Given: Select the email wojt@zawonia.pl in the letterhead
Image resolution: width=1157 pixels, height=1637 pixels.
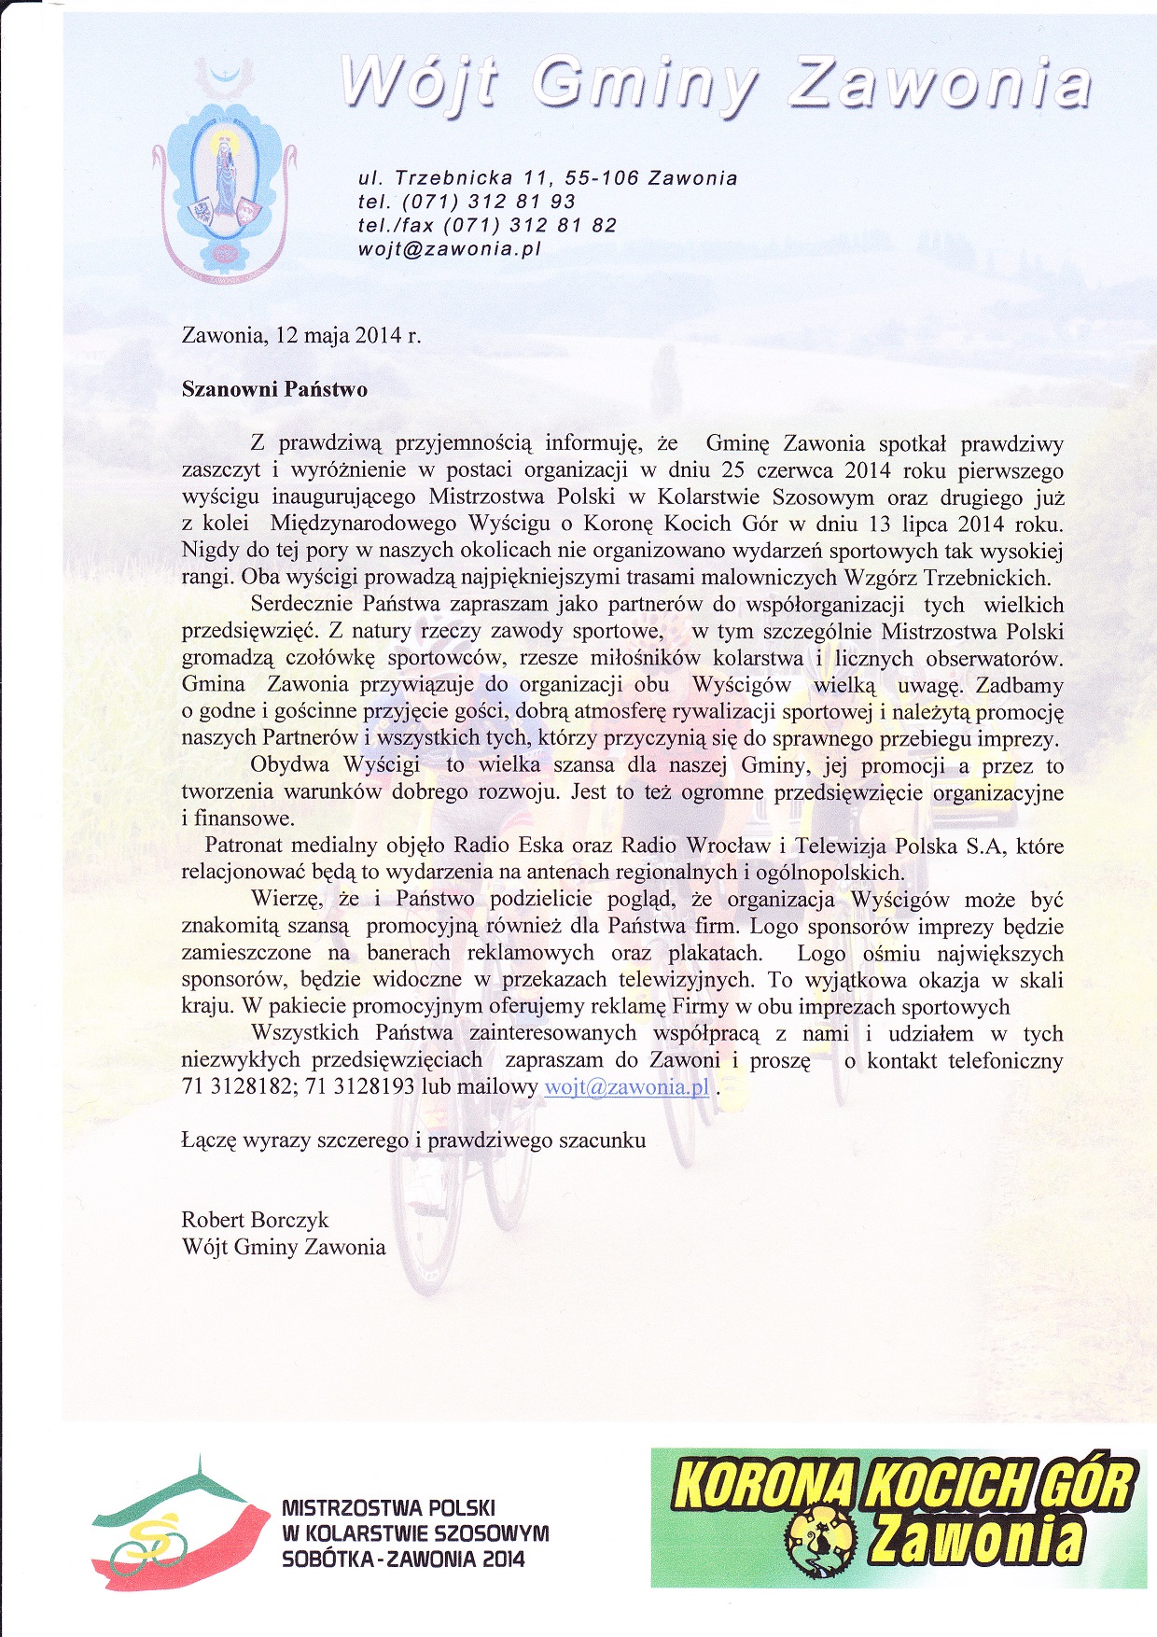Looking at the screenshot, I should coord(450,249).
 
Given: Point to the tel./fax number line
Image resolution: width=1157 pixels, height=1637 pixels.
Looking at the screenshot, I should coord(487,226).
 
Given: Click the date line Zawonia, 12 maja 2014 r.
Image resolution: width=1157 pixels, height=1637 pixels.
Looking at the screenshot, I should coord(301,335).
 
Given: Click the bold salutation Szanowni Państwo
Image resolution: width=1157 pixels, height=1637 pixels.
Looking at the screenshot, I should coord(274,389).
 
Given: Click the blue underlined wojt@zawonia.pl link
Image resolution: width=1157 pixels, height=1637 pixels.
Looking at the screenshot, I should coord(626,1087).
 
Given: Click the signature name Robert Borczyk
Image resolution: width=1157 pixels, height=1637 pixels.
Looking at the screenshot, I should coord(255,1220).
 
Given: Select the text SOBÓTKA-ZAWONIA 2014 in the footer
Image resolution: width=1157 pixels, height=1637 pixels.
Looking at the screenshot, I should coord(403,1560).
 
